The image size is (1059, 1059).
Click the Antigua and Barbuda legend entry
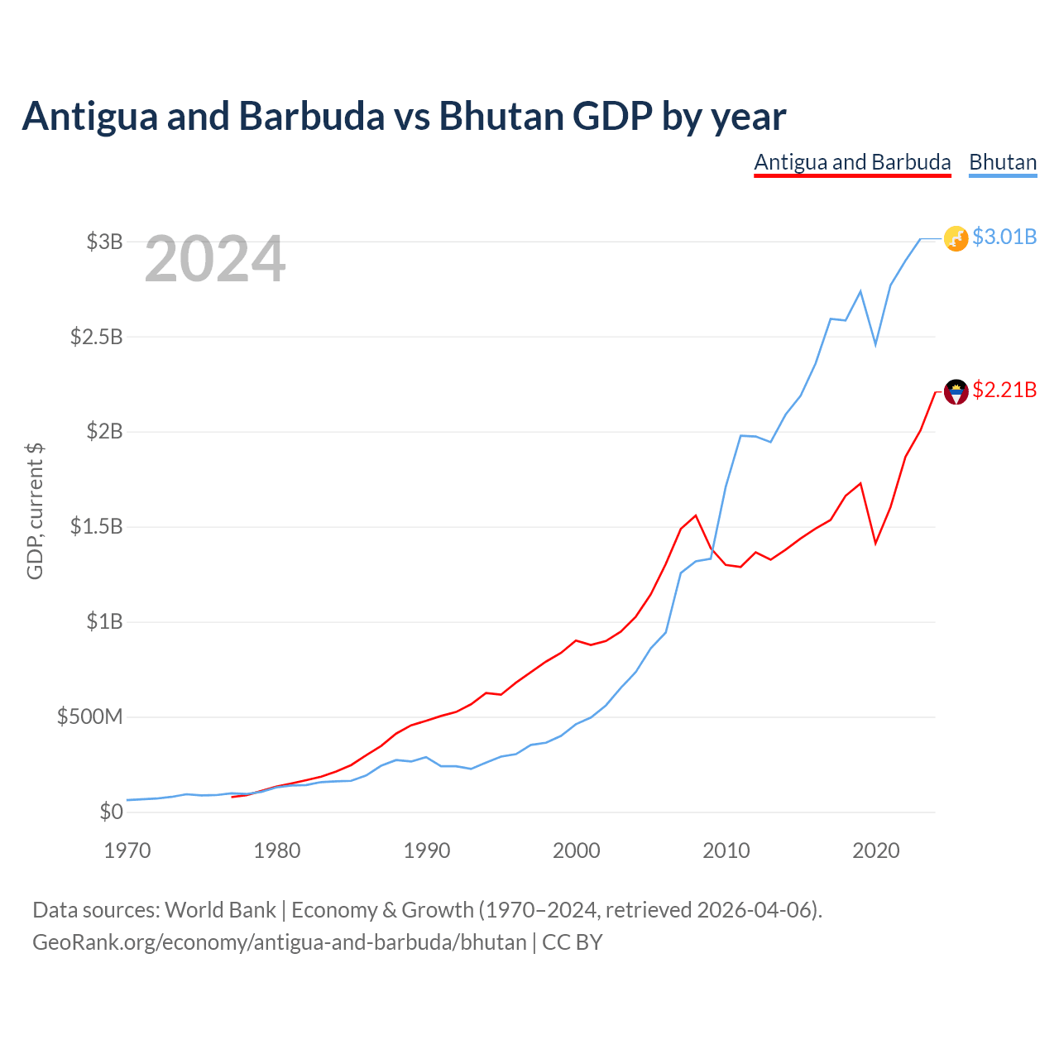(852, 163)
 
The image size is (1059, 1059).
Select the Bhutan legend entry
(1003, 163)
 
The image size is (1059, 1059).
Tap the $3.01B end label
(1004, 237)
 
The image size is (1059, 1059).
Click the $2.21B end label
(1004, 390)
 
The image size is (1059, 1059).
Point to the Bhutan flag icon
(956, 238)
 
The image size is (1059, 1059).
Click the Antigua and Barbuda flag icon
(956, 392)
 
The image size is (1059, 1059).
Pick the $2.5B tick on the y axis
(96, 337)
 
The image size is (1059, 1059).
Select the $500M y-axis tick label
(89, 716)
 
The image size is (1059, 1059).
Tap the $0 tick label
(111, 812)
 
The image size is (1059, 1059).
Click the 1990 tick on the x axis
(426, 851)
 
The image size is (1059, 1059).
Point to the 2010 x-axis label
(726, 851)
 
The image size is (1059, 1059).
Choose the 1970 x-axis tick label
(127, 851)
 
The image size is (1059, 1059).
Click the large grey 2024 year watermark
(215, 258)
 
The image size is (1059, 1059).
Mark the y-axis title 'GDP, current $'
(35, 511)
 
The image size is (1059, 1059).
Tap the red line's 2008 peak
(696, 515)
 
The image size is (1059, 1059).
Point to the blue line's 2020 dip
(875, 344)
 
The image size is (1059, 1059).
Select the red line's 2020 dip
(875, 544)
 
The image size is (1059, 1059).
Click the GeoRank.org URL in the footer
(280, 942)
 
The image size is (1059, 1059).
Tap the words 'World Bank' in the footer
(220, 910)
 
